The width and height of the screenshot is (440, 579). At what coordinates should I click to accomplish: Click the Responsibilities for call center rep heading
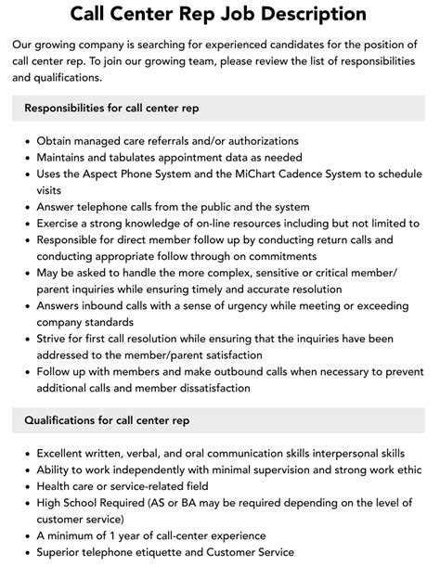(x=111, y=108)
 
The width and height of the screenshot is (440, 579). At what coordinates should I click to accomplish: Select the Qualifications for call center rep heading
(x=108, y=420)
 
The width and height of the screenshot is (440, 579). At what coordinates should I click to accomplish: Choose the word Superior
(x=63, y=552)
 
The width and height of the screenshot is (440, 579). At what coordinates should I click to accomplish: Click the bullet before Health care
(x=25, y=486)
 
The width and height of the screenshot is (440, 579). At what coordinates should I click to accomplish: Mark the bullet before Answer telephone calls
(x=25, y=207)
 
